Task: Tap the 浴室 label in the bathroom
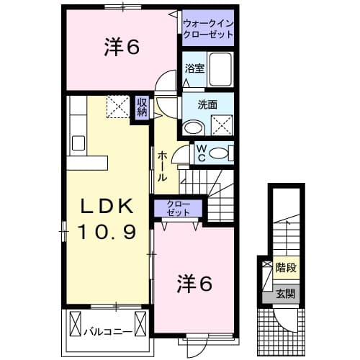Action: tap(194, 70)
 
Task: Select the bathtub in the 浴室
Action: tap(220, 69)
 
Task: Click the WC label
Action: tap(202, 153)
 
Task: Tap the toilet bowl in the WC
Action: tap(223, 153)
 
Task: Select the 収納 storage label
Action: tap(143, 107)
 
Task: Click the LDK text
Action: tap(106, 207)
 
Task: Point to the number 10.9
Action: tap(106, 232)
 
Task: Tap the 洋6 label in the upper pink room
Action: tap(120, 47)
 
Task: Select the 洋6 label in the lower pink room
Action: tap(195, 285)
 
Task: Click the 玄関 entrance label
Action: tap(287, 294)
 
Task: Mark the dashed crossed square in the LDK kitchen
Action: tap(117, 107)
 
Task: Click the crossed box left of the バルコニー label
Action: tap(75, 325)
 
